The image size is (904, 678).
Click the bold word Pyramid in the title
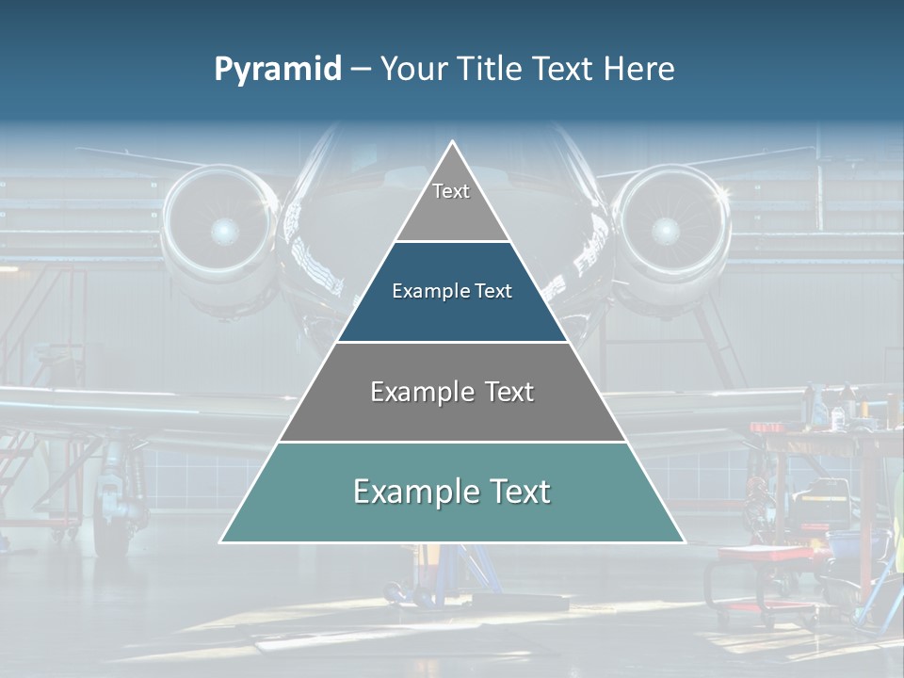pyautogui.click(x=278, y=69)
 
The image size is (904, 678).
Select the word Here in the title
pyautogui.click(x=639, y=69)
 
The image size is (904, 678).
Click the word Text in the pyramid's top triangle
pyautogui.click(x=451, y=191)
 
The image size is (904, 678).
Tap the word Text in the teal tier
pyautogui.click(x=517, y=492)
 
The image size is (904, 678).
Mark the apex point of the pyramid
pyautogui.click(x=452, y=142)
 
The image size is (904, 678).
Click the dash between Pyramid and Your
pyautogui.click(x=361, y=69)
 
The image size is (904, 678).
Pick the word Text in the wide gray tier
pyautogui.click(x=508, y=392)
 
